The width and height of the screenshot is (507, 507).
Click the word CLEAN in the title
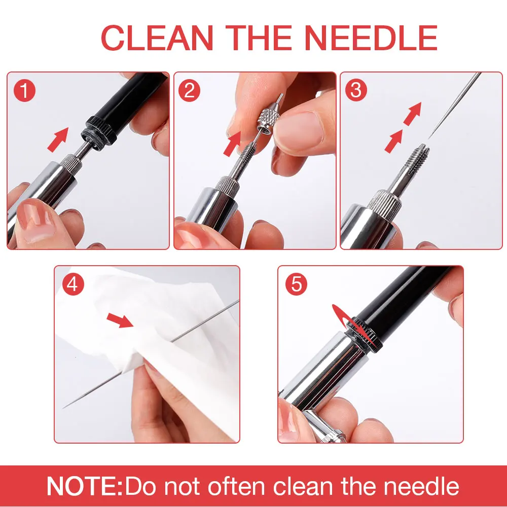coord(157,38)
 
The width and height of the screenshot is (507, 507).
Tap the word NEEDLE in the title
coord(371,38)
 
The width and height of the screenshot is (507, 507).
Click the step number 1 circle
coord(24,91)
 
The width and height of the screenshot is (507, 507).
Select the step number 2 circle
coord(189,91)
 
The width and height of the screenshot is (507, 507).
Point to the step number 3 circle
coord(356,90)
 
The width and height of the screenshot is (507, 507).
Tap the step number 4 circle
coord(73,284)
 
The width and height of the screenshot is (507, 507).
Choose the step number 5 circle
coord(296,284)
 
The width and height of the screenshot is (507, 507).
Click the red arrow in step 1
coord(58,139)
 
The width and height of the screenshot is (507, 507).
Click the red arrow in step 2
coord(233,143)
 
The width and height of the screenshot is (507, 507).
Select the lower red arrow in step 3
coord(394,141)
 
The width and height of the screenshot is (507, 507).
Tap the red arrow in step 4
coord(120,320)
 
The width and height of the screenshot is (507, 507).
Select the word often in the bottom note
coord(236,486)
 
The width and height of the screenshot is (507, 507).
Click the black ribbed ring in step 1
coord(99,131)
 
